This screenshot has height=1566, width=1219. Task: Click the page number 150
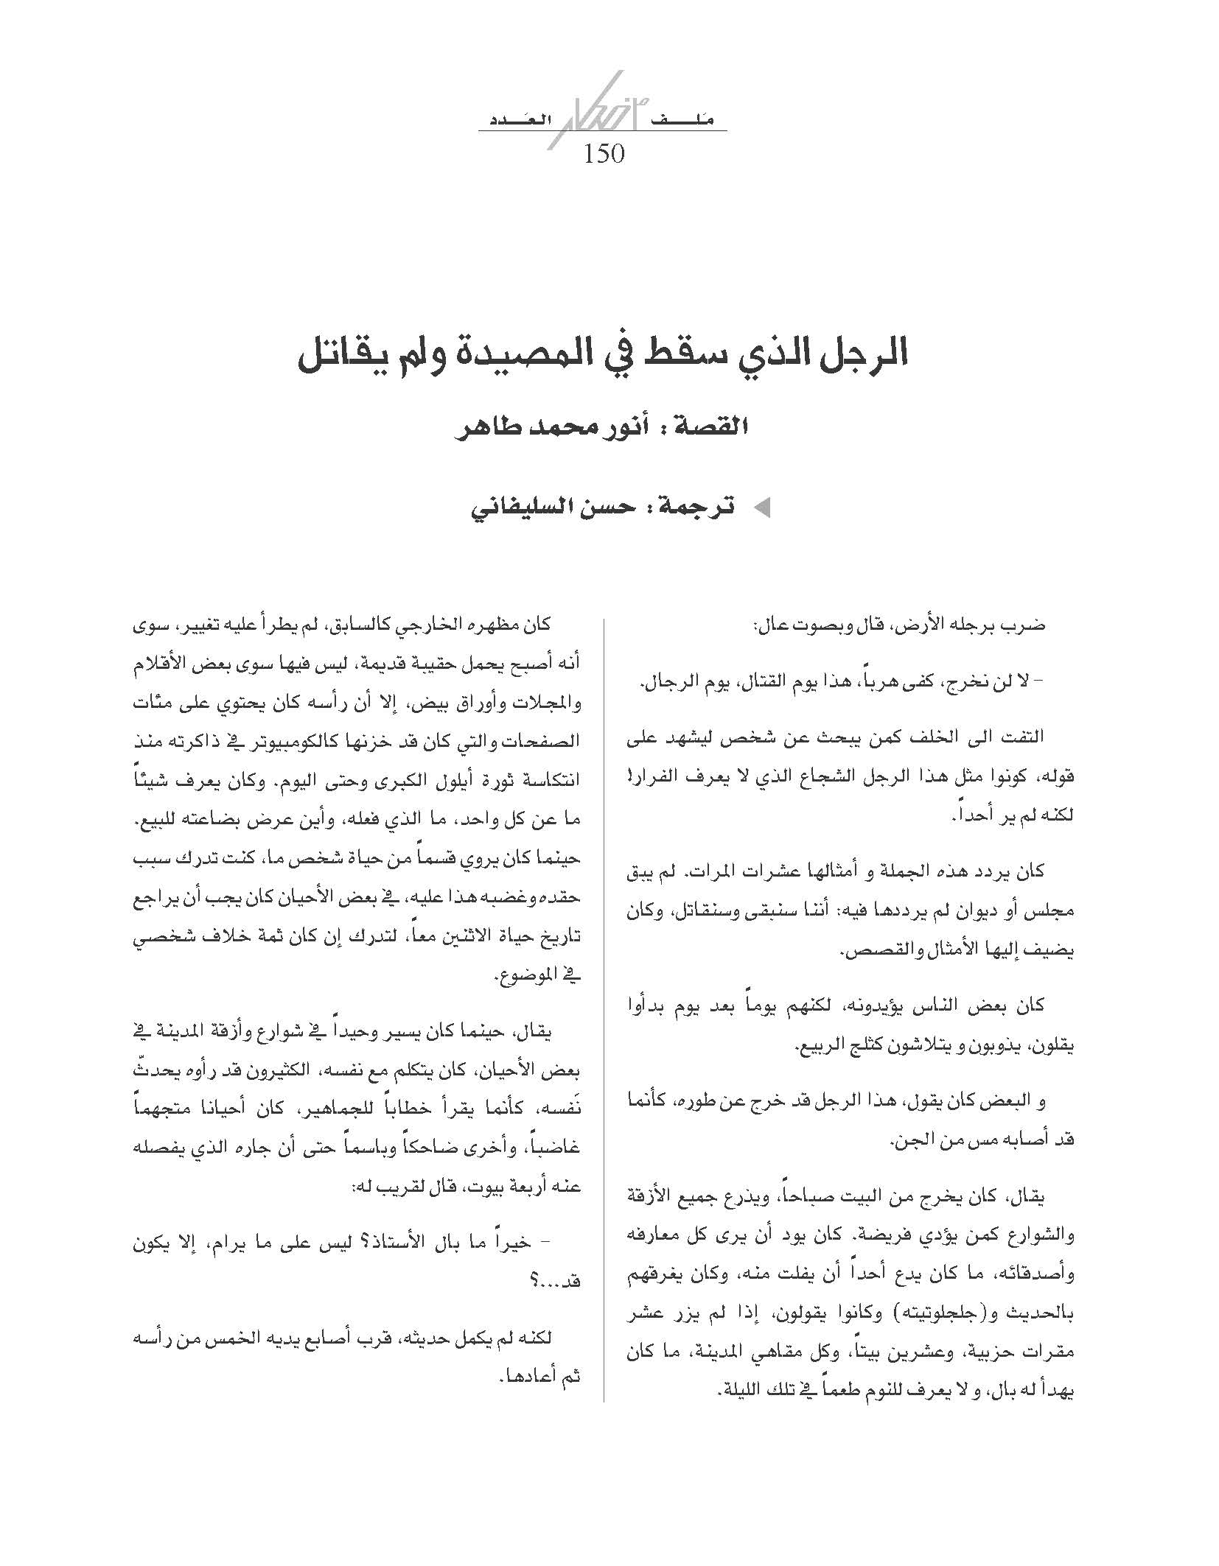pyautogui.click(x=604, y=155)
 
